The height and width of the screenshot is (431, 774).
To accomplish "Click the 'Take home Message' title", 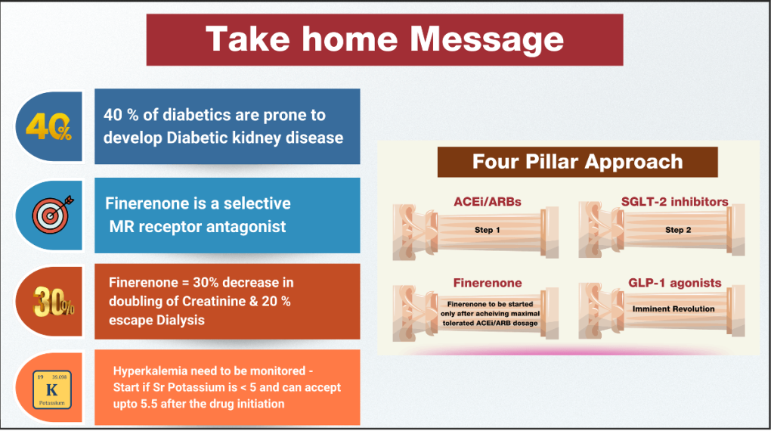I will click(x=384, y=39).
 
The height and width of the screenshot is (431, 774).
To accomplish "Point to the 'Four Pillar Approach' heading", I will click(x=577, y=161).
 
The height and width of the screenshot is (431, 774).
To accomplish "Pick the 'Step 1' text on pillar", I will click(x=488, y=230).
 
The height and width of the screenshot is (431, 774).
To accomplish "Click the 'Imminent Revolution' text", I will click(x=673, y=309).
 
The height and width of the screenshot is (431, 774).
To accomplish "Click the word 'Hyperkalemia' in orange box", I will click(x=148, y=371).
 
